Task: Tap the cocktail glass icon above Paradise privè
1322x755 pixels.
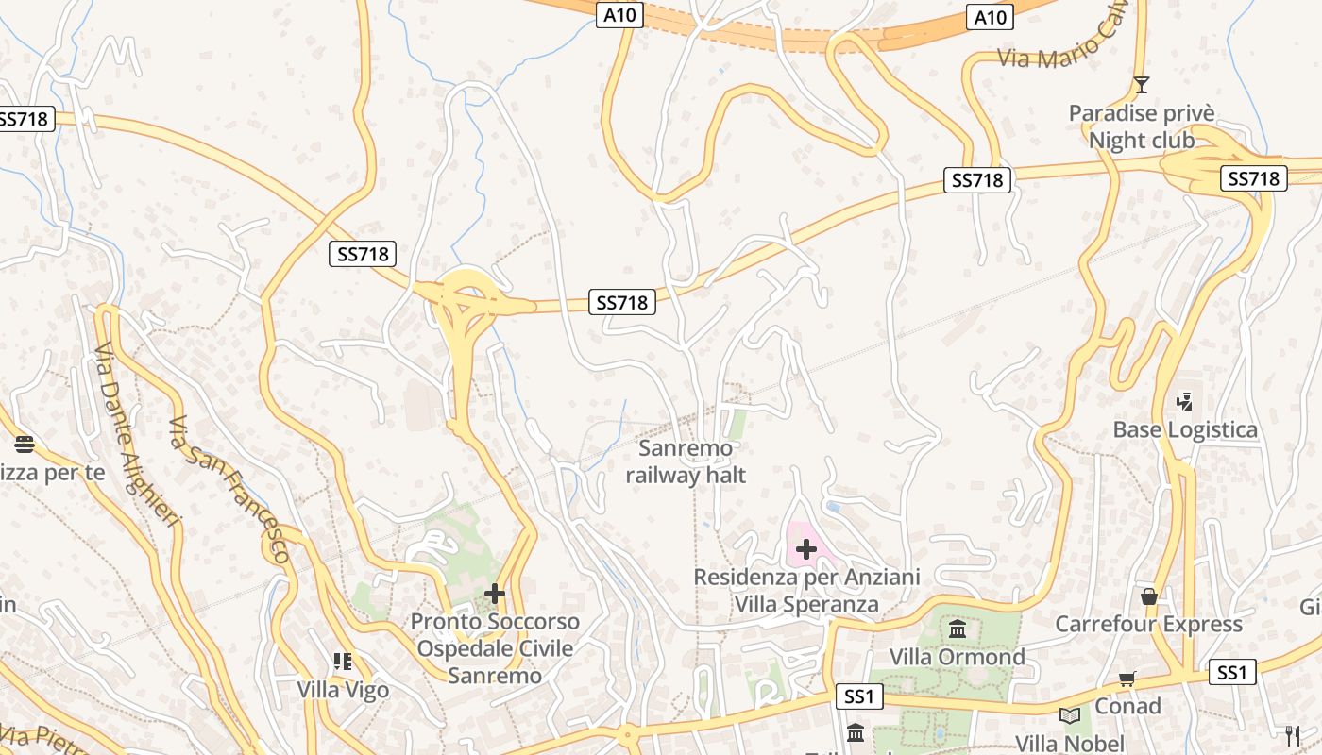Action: click(x=1142, y=85)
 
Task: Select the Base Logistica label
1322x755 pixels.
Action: click(x=1185, y=430)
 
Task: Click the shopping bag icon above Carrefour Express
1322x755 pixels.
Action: click(x=1149, y=596)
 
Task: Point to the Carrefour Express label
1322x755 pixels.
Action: click(x=1148, y=624)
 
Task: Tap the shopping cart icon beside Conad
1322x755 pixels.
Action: click(x=1127, y=679)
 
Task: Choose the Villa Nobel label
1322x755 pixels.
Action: click(x=1069, y=744)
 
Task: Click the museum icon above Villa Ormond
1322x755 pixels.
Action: click(x=958, y=629)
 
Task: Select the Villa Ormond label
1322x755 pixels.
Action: click(x=957, y=657)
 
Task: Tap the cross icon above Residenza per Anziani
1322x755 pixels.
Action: click(x=806, y=549)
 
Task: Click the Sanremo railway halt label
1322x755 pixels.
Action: click(x=686, y=461)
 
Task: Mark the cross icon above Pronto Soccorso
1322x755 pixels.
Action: click(x=494, y=594)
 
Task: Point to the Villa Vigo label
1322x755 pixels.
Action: click(x=343, y=690)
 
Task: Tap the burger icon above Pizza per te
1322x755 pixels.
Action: click(x=25, y=444)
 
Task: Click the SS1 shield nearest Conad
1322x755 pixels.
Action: click(x=1232, y=672)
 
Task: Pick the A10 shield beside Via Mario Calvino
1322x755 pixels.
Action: click(x=990, y=17)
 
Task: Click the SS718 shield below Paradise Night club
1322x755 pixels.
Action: click(x=1253, y=178)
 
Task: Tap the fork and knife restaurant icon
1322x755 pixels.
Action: click(x=1293, y=735)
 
